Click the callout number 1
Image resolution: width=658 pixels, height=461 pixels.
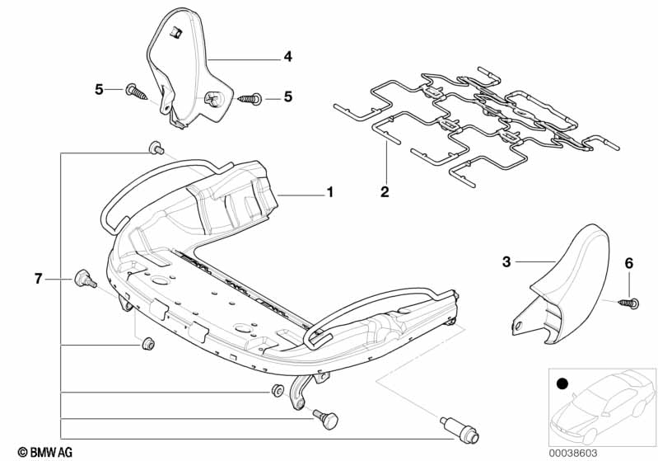tap(329, 192)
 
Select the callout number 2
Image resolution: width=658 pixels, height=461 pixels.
tap(383, 192)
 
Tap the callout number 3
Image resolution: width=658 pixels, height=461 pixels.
tap(506, 261)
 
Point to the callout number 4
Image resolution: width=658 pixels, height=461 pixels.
tap(287, 57)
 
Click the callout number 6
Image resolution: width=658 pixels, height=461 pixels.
tap(629, 263)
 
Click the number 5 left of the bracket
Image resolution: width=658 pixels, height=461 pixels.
tap(99, 89)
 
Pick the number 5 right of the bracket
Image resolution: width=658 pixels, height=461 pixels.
tap(288, 96)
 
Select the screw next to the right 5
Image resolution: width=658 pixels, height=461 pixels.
tap(250, 100)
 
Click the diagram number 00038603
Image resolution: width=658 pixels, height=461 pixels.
tap(609, 452)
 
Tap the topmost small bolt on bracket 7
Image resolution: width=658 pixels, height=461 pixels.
tap(154, 148)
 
